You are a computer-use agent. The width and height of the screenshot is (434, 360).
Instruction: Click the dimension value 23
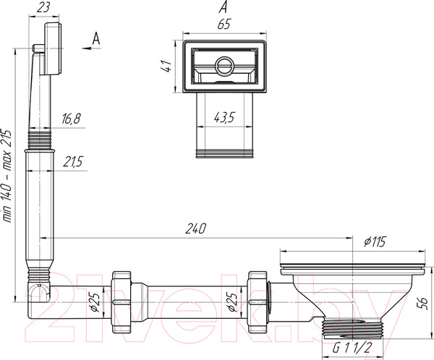point(44,8)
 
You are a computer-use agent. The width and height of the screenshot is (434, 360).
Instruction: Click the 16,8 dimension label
point(69,118)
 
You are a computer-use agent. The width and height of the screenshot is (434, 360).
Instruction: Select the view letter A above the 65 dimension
point(223,7)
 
